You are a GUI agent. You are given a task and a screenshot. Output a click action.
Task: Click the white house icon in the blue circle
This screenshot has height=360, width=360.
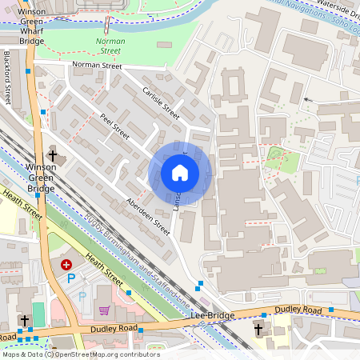click(180, 173)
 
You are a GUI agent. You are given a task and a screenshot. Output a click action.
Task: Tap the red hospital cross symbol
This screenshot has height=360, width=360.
click(66, 263)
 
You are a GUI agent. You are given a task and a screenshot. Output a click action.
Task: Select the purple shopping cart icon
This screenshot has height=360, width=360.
click(103, 310)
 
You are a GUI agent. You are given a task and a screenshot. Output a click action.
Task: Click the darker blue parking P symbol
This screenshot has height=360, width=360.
click(71, 278)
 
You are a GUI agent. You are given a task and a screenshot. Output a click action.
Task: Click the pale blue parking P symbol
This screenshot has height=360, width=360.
click(82, 296)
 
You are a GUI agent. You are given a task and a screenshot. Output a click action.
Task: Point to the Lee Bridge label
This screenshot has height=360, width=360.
click(213, 315)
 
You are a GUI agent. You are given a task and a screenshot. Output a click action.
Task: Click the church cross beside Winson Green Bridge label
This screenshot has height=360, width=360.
click(53, 155)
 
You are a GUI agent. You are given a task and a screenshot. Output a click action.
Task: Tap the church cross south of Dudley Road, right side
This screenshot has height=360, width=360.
click(258, 329)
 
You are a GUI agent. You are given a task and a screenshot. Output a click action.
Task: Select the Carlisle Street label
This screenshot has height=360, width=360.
click(161, 103)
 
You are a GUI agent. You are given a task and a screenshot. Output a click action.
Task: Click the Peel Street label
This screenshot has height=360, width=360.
click(114, 126)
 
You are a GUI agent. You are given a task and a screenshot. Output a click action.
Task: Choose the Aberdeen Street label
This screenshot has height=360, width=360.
click(148, 216)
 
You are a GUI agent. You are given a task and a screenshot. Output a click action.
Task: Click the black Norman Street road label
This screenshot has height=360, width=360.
click(96, 66)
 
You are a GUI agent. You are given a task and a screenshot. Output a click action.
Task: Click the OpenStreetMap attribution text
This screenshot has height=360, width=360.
click(80, 354)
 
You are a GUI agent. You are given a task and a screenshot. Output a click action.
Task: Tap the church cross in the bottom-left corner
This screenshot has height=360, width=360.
click(24, 320)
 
